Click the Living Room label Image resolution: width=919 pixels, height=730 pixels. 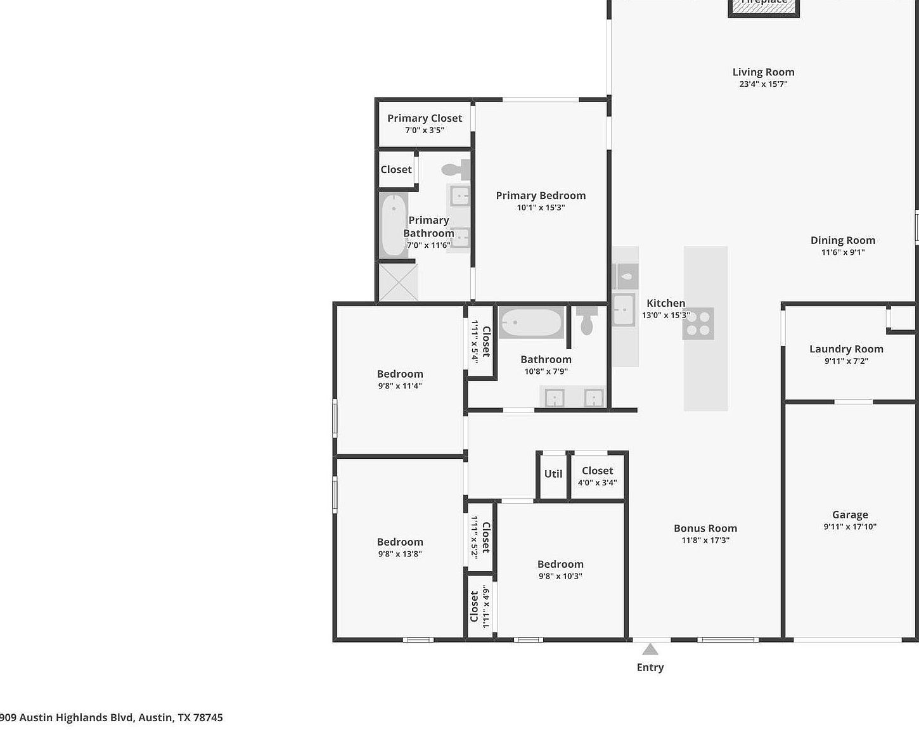click(x=763, y=72)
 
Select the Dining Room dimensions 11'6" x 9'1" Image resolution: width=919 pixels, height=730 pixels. click(x=843, y=252)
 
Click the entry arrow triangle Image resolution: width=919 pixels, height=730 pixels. click(x=650, y=650)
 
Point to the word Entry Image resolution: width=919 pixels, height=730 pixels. click(x=650, y=667)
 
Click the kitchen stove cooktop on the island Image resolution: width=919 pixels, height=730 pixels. click(x=698, y=323)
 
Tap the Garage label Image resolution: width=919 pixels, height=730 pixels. click(x=850, y=515)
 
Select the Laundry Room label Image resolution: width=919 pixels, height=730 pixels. click(x=846, y=349)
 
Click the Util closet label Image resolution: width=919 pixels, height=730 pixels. click(x=553, y=474)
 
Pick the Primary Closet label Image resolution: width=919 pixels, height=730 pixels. click(x=425, y=118)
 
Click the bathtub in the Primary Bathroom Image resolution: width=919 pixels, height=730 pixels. click(x=394, y=225)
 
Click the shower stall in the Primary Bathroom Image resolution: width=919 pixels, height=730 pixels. click(x=399, y=282)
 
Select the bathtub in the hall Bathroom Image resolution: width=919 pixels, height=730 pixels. click(x=530, y=323)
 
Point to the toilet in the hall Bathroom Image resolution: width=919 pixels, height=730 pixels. click(x=587, y=321)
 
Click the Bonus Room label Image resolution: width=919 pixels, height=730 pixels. click(x=705, y=528)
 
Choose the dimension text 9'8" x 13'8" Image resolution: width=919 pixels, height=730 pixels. click(x=400, y=554)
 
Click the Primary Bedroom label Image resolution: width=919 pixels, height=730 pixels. click(x=541, y=196)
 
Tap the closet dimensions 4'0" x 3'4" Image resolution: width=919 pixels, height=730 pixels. click(x=597, y=483)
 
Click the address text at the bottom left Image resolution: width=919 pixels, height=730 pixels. click(x=112, y=717)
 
